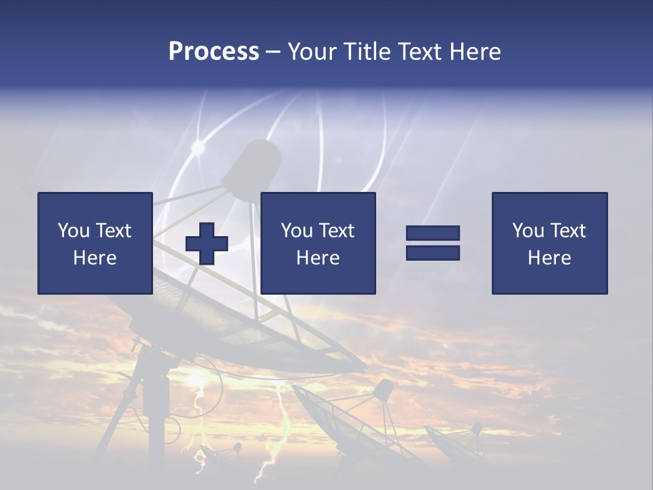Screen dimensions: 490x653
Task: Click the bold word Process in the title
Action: [214, 52]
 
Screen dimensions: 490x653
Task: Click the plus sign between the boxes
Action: [207, 244]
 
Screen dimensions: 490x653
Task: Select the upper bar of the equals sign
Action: [433, 233]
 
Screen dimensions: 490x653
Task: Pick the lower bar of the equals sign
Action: [433, 252]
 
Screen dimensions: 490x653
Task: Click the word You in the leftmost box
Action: [73, 231]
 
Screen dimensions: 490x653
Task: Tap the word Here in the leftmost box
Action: [95, 258]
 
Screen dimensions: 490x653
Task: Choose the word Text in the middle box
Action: [336, 231]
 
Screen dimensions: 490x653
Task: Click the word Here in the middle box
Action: [318, 258]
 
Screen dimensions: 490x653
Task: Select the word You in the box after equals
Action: [528, 231]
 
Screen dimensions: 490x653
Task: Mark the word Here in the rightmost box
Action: [549, 258]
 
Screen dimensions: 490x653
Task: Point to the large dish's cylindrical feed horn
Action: [252, 167]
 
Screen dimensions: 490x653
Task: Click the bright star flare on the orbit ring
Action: [198, 147]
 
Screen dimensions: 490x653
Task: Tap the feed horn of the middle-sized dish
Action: [384, 389]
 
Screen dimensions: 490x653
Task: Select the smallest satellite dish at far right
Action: [456, 442]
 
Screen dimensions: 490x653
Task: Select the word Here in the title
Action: [474, 52]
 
